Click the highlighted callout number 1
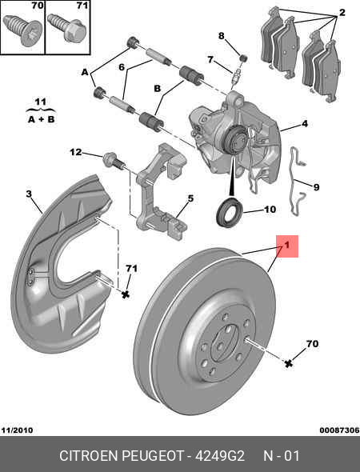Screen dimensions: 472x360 [286, 246]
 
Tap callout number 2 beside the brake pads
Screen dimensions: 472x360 [342, 13]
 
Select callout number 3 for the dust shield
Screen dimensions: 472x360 [28, 194]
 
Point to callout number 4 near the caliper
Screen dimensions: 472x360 [305, 125]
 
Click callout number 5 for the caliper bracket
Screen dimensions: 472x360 [190, 198]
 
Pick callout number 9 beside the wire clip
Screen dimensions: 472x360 [316, 187]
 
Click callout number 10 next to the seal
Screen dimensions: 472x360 [270, 210]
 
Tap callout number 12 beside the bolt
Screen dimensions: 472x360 [75, 152]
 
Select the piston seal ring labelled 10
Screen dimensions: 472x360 [230, 213]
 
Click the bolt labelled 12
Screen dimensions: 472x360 [112, 162]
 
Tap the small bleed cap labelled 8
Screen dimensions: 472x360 [243, 56]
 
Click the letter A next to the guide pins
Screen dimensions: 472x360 [85, 72]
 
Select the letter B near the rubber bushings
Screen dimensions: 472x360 [158, 88]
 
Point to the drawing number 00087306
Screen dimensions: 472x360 [339, 430]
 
